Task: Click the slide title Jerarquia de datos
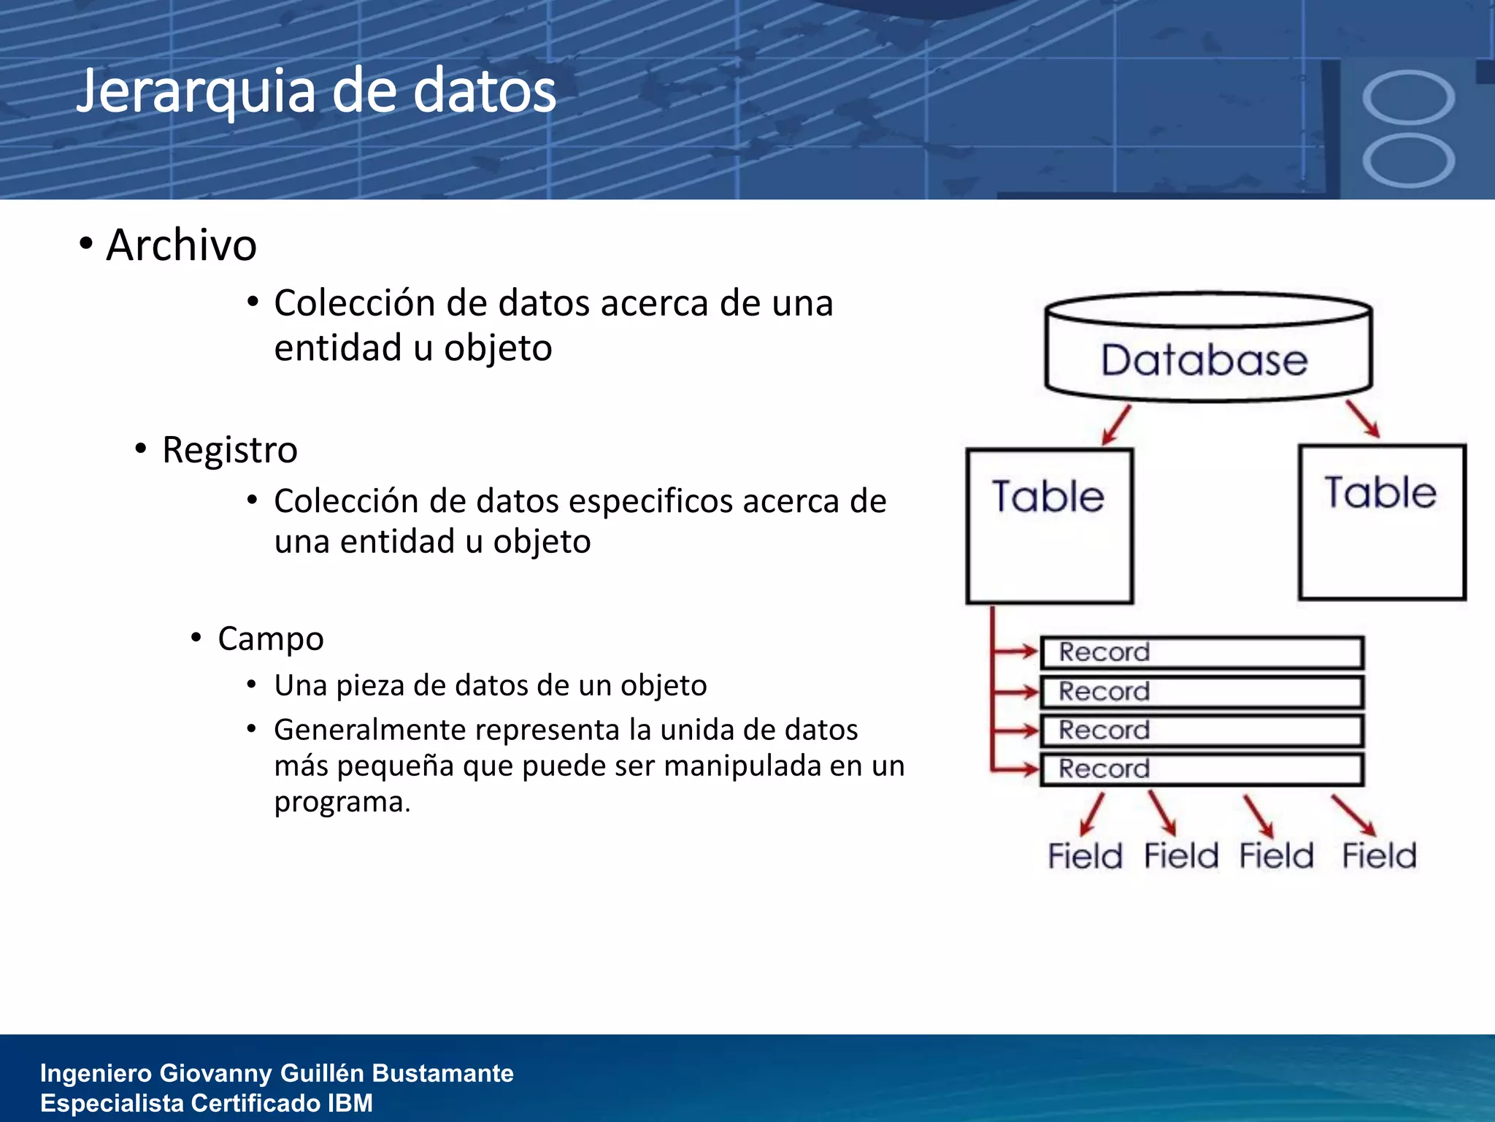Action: (x=315, y=91)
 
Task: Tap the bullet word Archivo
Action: (x=181, y=245)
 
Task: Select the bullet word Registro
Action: (x=229, y=449)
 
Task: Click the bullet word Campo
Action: (x=270, y=638)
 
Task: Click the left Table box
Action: (x=1049, y=526)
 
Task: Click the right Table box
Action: (x=1382, y=522)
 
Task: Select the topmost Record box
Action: (x=1201, y=652)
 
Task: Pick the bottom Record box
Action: (x=1201, y=769)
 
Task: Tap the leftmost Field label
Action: (x=1085, y=855)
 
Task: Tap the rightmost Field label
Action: (x=1379, y=855)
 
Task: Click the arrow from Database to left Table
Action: (x=1117, y=425)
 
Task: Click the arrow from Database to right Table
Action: (x=1363, y=419)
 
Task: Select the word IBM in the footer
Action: (x=350, y=1103)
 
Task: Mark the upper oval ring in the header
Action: (x=1408, y=97)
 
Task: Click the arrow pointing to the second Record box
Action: (x=1016, y=691)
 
